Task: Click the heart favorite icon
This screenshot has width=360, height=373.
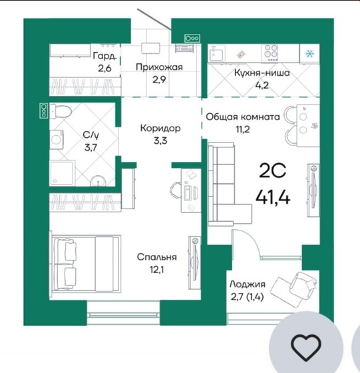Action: (306, 346)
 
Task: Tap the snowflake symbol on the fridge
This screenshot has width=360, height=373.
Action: (309, 54)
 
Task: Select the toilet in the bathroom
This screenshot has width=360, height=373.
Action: (61, 111)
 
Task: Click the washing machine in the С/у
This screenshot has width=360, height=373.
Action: (57, 140)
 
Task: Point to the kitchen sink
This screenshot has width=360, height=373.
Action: (216, 53)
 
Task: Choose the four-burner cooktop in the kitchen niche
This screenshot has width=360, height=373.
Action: (270, 53)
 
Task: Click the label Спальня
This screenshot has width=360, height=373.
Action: (157, 257)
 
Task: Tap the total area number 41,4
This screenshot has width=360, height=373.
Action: (273, 197)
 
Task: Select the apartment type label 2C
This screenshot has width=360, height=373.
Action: (272, 171)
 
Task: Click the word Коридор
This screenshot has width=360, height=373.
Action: (160, 128)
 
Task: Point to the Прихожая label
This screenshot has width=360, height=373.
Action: (159, 67)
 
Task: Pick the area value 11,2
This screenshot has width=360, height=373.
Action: (243, 129)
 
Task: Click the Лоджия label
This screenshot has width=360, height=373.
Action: (248, 284)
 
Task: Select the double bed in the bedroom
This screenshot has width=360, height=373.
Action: (87, 263)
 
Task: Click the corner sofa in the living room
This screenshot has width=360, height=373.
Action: (226, 184)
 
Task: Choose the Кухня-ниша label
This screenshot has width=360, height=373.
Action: (262, 73)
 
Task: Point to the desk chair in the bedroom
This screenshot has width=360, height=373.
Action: (175, 190)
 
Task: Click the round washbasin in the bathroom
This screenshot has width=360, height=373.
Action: (98, 181)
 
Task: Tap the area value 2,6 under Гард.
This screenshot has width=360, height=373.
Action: (104, 69)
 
